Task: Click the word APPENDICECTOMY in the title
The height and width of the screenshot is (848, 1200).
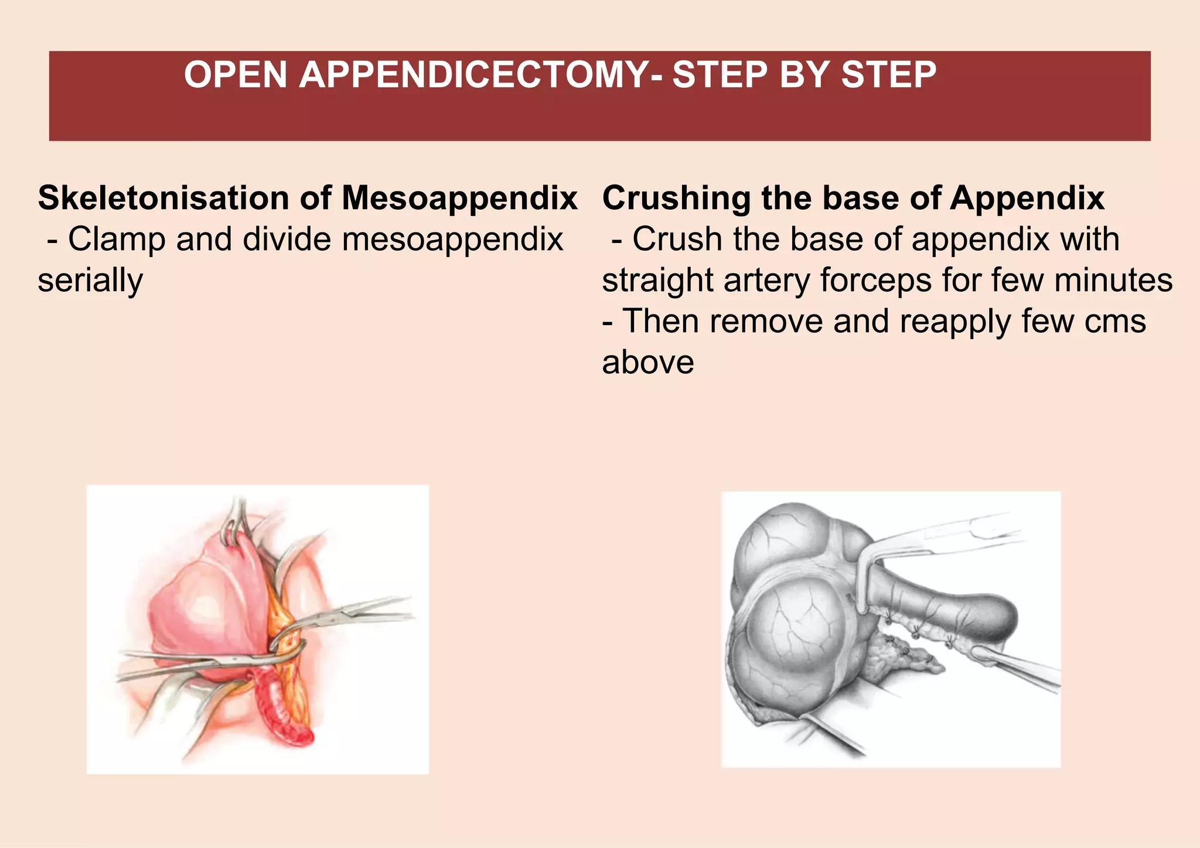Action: pyautogui.click(x=475, y=75)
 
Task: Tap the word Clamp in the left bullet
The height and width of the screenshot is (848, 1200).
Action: pyautogui.click(x=110, y=239)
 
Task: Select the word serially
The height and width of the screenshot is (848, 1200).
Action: pyautogui.click(x=90, y=280)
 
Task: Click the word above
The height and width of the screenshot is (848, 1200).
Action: pyautogui.click(x=647, y=362)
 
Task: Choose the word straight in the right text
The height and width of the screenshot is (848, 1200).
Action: pyautogui.click(x=657, y=280)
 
